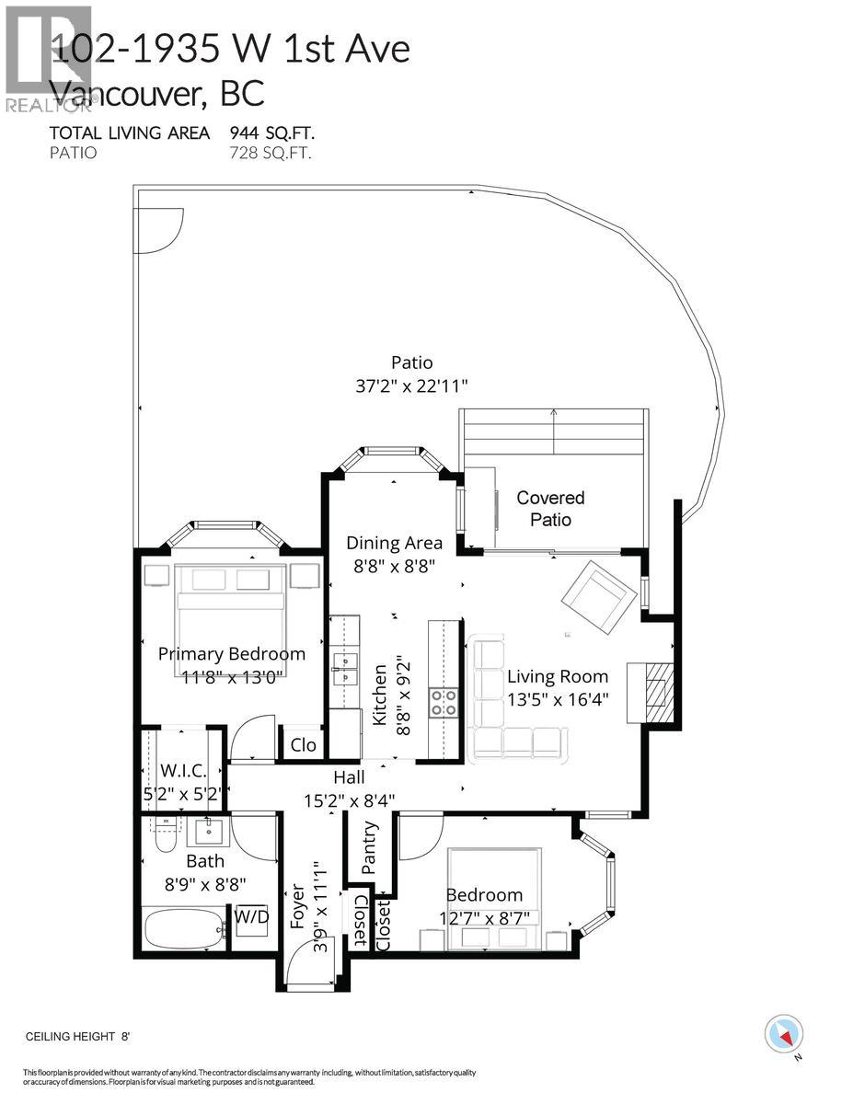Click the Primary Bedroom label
(231, 654)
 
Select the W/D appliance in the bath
(248, 917)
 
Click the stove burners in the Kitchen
(444, 703)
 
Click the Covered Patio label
(550, 509)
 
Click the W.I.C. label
(181, 769)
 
